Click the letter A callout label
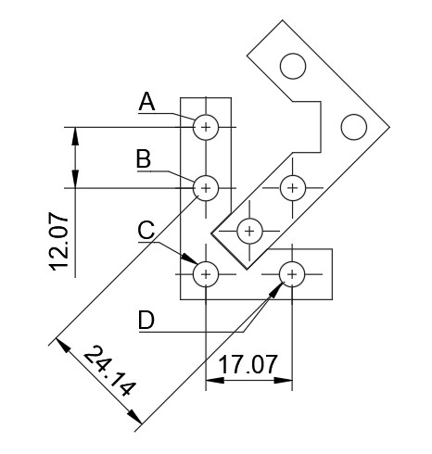pyautogui.click(x=146, y=102)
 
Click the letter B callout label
pyautogui.click(x=144, y=159)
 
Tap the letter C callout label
pyautogui.click(x=146, y=230)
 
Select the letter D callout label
pyautogui.click(x=146, y=320)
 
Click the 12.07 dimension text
pyautogui.click(x=58, y=242)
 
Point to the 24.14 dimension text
pyautogui.click(x=109, y=371)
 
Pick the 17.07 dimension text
pyautogui.click(x=248, y=364)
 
